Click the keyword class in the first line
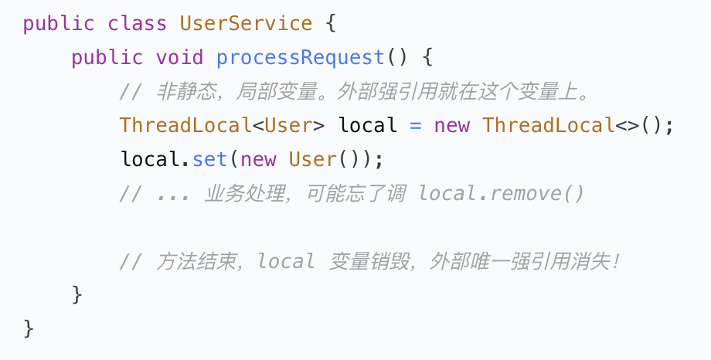click(137, 24)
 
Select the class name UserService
click(246, 24)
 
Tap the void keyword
click(179, 58)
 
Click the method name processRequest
click(300, 58)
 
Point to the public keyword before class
click(59, 25)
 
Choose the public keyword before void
click(107, 59)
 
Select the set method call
click(209, 160)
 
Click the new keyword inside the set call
click(258, 160)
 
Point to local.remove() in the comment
click(501, 194)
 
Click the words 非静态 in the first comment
click(186, 92)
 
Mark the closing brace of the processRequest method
click(77, 295)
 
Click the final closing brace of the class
click(28, 329)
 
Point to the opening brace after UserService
click(331, 24)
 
